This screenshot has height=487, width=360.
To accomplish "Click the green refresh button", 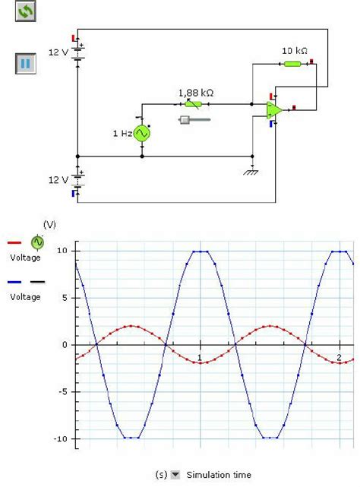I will tap(26, 11).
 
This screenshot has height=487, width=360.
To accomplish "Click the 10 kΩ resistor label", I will tap(294, 51).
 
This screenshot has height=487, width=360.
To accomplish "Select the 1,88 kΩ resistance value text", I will tap(195, 93).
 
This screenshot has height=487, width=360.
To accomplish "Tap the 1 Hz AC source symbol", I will tap(142, 134).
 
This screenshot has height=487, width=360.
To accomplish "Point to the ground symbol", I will tap(251, 171).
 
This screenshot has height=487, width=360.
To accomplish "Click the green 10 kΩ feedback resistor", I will tap(292, 64).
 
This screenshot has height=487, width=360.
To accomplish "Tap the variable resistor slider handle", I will tap(185, 119).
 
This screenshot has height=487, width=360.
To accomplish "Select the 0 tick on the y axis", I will tap(66, 345).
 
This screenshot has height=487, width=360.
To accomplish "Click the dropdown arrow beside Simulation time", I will tap(175, 475).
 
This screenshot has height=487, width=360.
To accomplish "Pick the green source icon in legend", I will tap(37, 242).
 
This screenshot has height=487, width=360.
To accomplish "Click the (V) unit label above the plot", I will tap(49, 224).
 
